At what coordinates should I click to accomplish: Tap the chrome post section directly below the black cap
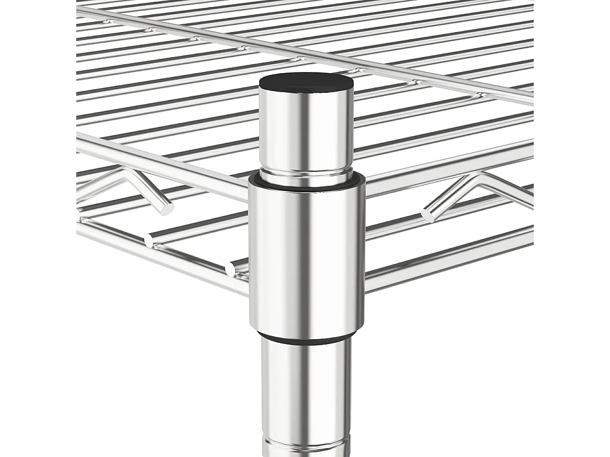pos(306,131)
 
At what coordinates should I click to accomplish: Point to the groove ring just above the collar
pos(306,173)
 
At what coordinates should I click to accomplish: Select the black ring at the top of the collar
pos(306,179)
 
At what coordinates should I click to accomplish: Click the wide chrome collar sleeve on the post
pos(306,256)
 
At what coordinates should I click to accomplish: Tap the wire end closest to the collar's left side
pos(231,268)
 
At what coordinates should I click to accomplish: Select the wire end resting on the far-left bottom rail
pos(149,239)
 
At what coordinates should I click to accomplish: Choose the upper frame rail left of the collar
pos(161,164)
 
